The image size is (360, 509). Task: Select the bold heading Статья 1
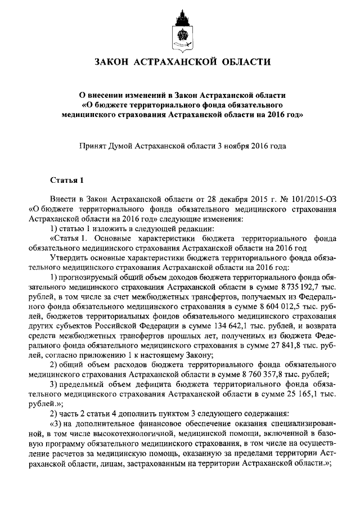click(x=67, y=181)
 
